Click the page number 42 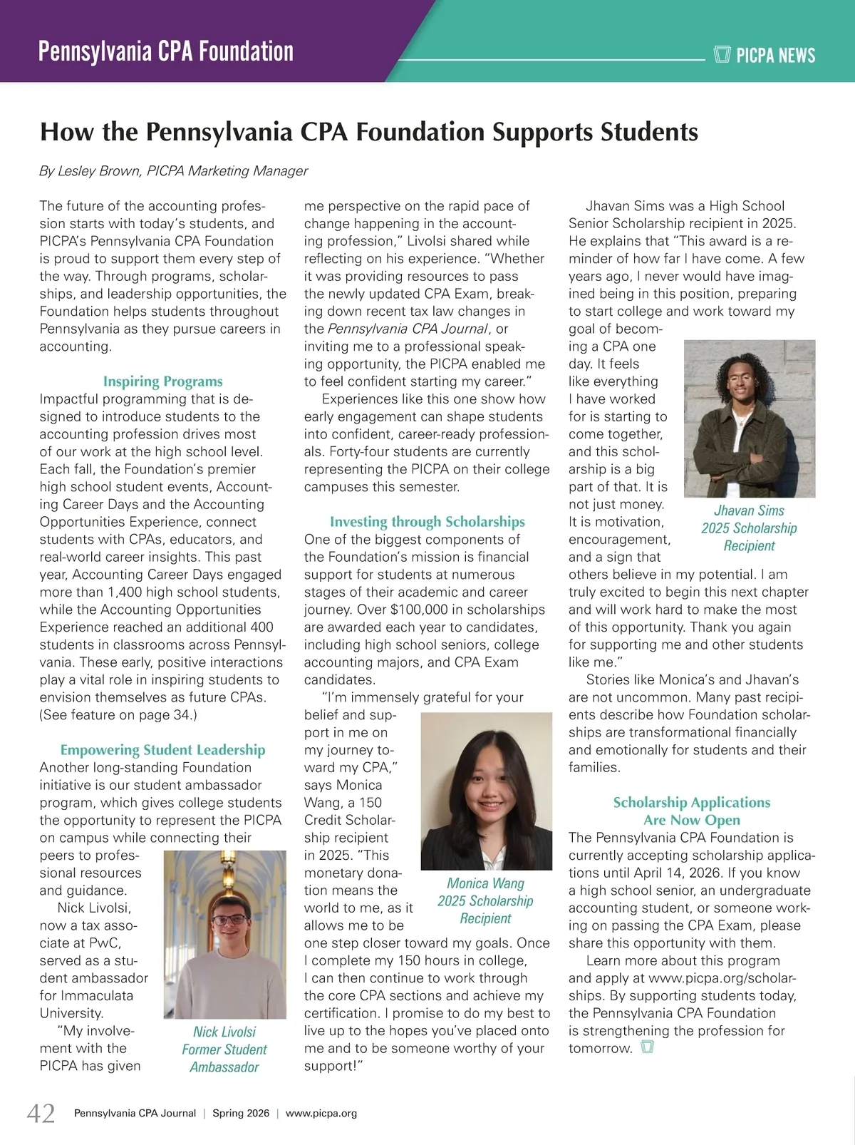(41, 1113)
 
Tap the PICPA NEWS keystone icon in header (722, 54)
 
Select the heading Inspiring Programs (162, 381)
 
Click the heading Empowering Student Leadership (162, 750)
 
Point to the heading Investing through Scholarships (427, 522)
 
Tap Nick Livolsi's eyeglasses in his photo (229, 919)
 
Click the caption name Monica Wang (485, 884)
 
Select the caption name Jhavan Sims (749, 510)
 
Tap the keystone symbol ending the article (647, 1047)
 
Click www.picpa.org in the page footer (321, 1113)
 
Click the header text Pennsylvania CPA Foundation (166, 52)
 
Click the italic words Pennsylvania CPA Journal (408, 329)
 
